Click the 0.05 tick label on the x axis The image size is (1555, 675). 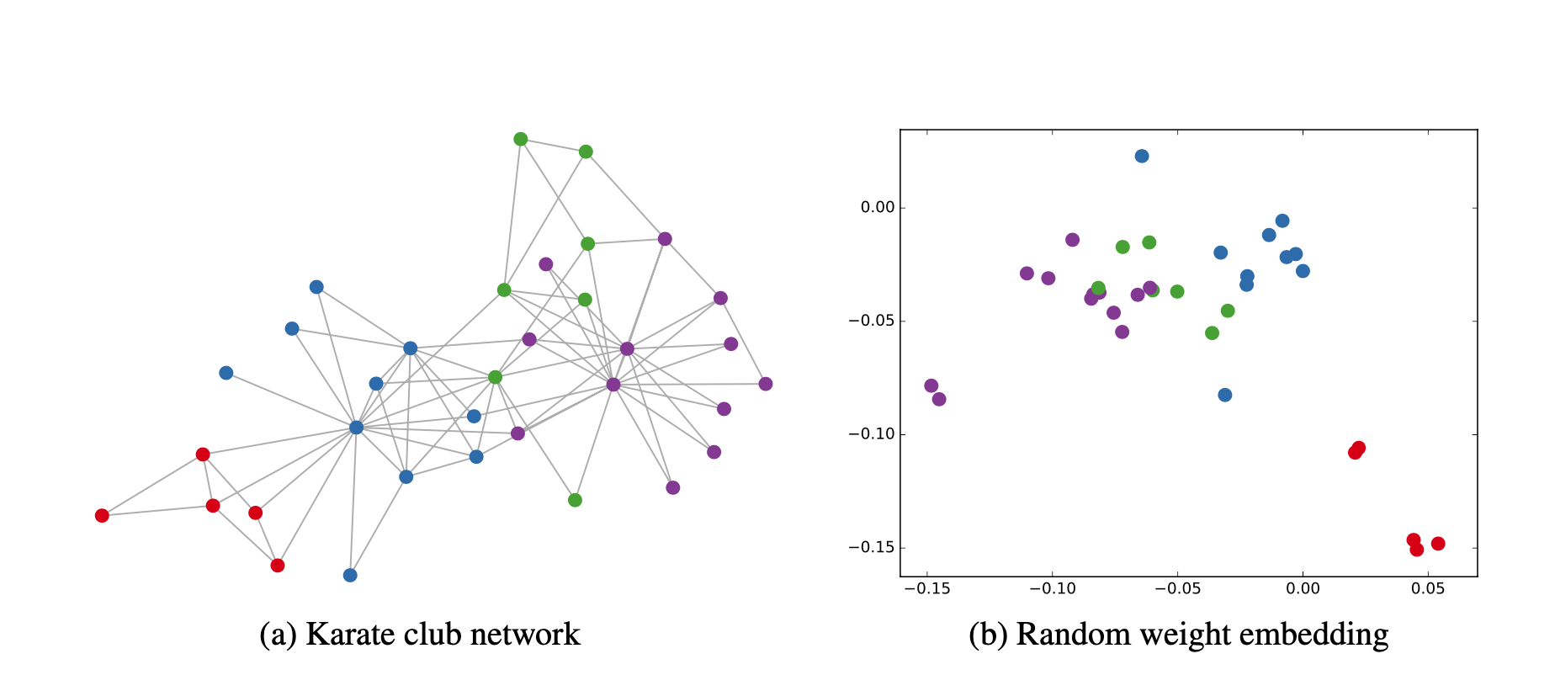tap(1427, 587)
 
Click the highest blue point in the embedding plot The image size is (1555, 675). tap(1142, 156)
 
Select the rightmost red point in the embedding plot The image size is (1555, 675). tap(1438, 544)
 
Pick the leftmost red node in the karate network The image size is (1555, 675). tap(102, 516)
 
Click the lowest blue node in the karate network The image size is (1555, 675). tap(350, 576)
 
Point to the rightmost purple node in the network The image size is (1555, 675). tap(766, 384)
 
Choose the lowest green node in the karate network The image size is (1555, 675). tap(575, 500)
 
